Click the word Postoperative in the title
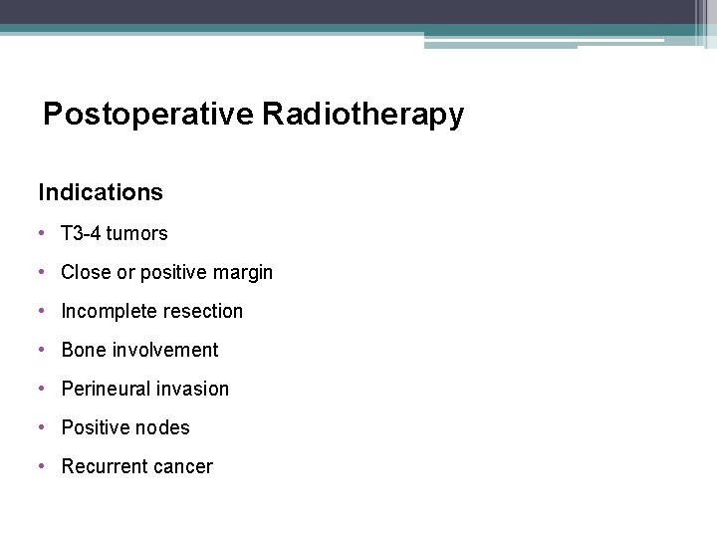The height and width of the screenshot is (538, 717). pyautogui.click(x=148, y=116)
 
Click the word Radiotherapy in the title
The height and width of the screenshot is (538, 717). pyautogui.click(x=363, y=116)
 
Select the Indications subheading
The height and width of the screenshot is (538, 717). pyautogui.click(x=101, y=191)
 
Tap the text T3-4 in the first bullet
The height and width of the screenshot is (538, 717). pyautogui.click(x=81, y=233)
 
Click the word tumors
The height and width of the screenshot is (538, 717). pyautogui.click(x=137, y=233)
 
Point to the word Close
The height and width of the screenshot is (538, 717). pyautogui.click(x=85, y=272)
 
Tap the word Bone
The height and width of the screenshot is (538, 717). pyautogui.click(x=83, y=350)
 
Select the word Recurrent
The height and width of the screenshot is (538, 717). pyautogui.click(x=103, y=466)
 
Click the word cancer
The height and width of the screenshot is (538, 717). pyautogui.click(x=181, y=466)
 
